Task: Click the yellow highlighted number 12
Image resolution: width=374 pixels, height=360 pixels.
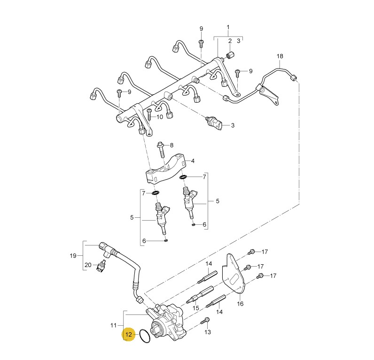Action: pyautogui.click(x=128, y=334)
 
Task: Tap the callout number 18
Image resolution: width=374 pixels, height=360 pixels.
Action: pyautogui.click(x=280, y=56)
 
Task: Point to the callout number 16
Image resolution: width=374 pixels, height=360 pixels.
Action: pyautogui.click(x=240, y=304)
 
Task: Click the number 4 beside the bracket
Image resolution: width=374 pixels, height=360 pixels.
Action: pyautogui.click(x=193, y=161)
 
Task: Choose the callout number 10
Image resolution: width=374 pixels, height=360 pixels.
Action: pyautogui.click(x=160, y=117)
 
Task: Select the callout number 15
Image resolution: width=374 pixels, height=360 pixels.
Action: pyautogui.click(x=196, y=308)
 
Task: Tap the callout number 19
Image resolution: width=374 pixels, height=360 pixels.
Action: pyautogui.click(x=73, y=256)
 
